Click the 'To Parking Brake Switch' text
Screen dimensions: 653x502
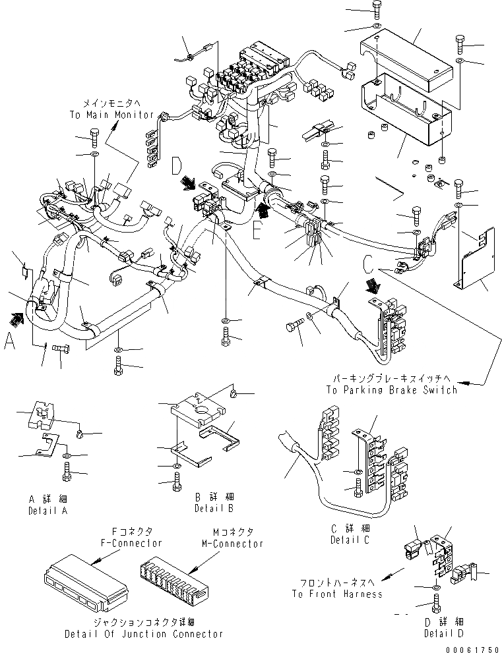(x=391, y=390)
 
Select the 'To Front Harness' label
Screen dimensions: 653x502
(x=336, y=594)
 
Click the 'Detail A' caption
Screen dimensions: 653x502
(x=47, y=511)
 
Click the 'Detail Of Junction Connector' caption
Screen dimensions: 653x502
(x=143, y=634)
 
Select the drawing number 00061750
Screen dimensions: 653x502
(x=473, y=648)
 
